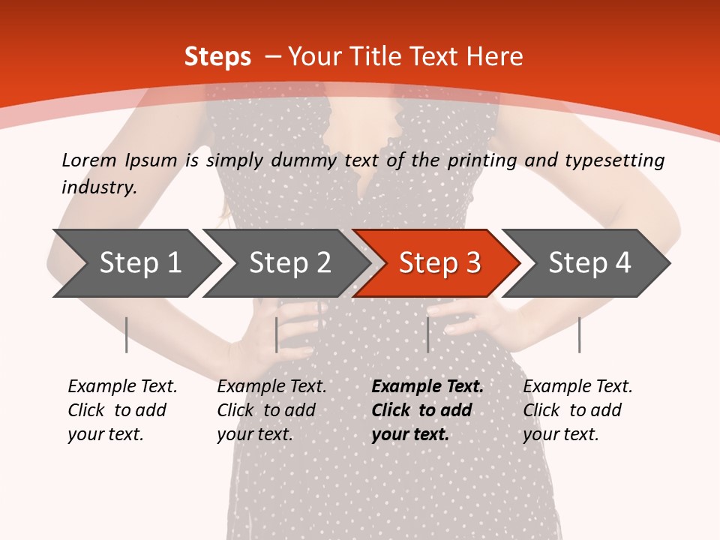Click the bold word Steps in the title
pos(217,56)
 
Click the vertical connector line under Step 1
pos(127,334)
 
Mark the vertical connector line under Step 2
pos(277,334)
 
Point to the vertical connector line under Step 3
pos(427,334)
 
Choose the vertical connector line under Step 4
pos(579,334)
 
